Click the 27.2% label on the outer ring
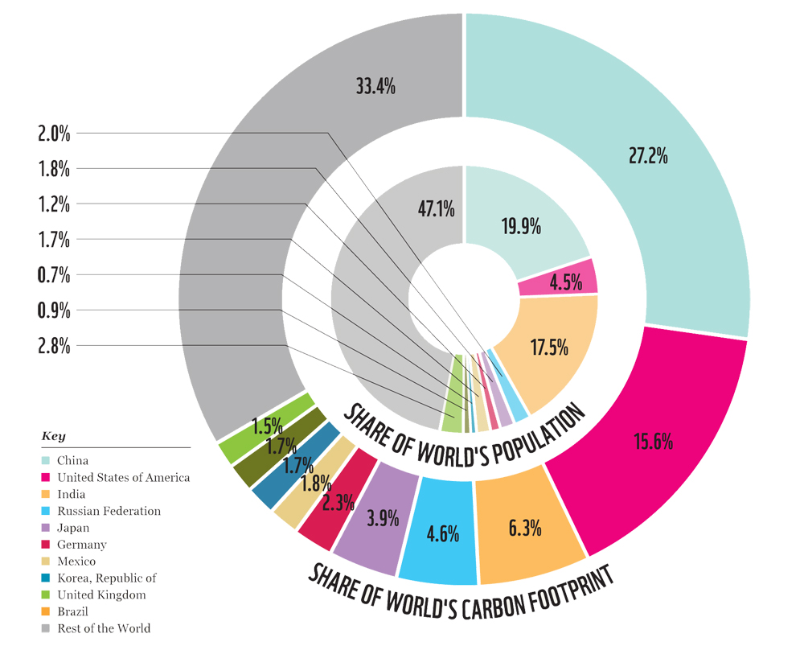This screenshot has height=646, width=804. coord(648,156)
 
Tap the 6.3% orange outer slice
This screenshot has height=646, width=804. coord(524,529)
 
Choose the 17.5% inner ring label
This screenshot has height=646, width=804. coord(549,347)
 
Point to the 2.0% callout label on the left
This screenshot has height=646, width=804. coord(54,134)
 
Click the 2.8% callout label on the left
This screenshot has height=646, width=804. coord(54,347)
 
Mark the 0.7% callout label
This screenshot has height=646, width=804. coord(54,275)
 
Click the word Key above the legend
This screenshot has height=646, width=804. coord(53,436)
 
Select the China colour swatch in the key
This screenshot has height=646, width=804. coord(47,461)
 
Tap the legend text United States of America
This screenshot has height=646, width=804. coord(123,478)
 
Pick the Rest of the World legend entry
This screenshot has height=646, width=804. coord(104,628)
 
